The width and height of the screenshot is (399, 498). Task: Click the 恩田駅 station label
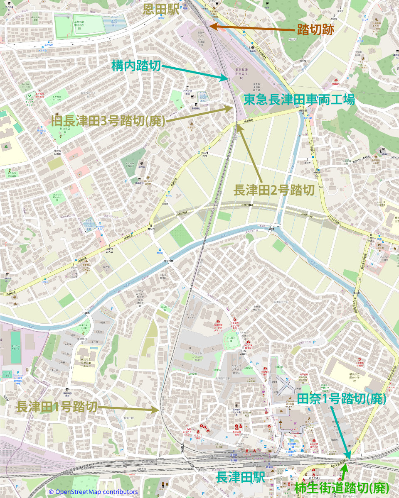(161, 9)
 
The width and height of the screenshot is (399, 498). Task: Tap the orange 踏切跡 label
(315, 30)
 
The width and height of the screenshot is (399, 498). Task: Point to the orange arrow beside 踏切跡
(249, 28)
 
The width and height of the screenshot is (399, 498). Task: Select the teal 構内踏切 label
(136, 66)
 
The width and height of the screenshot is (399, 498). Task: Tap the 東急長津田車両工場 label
(299, 100)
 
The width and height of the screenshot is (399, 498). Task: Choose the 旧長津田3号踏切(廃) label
(108, 121)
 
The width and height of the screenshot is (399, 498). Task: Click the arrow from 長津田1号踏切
(129, 408)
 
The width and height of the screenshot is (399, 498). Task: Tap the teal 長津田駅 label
(241, 478)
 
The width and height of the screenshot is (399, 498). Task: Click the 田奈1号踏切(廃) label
(342, 399)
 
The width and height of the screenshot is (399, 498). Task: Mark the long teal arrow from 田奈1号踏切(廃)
(340, 432)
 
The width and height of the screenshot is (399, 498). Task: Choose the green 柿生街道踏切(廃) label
(342, 488)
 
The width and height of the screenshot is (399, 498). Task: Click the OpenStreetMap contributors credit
(93, 492)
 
